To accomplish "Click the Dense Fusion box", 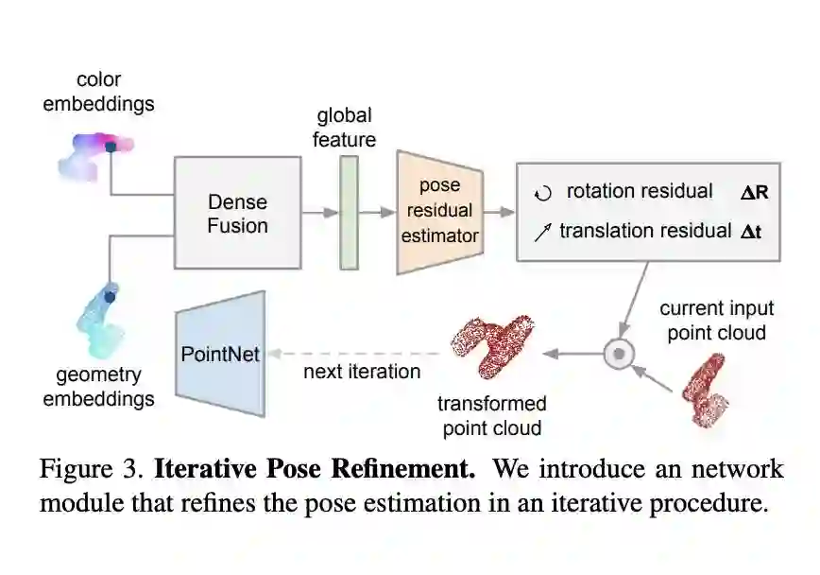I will (237, 214).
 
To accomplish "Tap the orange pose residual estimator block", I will (439, 212).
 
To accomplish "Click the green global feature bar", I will (350, 213).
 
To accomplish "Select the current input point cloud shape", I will (706, 387).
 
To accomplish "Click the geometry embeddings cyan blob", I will (102, 317).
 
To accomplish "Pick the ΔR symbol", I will (754, 192).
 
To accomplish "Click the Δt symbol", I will (751, 231).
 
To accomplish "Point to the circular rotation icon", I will (542, 193).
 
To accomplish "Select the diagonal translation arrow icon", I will (542, 232).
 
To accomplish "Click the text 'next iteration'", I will (362, 372).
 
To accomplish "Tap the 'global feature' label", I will (345, 128).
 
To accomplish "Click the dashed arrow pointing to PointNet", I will (354, 354).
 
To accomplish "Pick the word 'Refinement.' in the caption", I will (409, 469).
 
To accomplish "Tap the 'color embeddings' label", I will (98, 92).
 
